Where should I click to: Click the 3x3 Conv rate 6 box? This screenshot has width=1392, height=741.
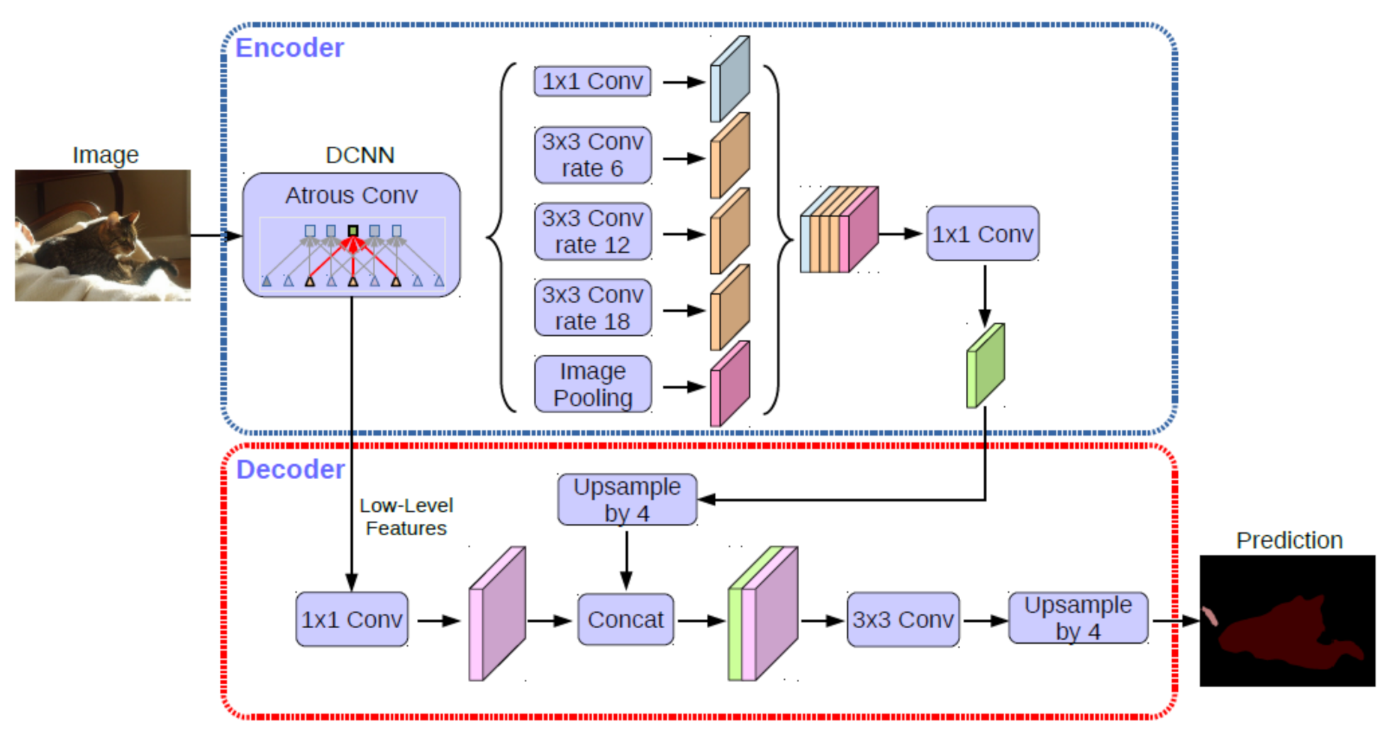coord(592,155)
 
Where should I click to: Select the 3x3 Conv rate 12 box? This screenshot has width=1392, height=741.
coord(592,231)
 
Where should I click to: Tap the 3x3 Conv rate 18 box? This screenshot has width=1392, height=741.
coord(592,308)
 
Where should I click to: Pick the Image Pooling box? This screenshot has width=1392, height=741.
coord(592,384)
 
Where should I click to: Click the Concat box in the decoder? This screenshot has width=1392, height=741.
coord(625,620)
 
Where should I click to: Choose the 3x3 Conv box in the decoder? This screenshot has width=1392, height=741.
coord(902,620)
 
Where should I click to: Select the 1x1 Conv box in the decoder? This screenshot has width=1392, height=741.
coord(352,620)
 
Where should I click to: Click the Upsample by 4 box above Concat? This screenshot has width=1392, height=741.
coord(627,500)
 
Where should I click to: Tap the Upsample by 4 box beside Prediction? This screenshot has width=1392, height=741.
coord(1077,618)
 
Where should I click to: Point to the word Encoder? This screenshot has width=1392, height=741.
coord(289,48)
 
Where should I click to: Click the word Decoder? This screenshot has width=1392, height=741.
coord(290,470)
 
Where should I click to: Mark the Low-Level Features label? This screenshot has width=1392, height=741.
coord(406,517)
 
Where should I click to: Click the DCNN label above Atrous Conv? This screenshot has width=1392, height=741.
coord(360,155)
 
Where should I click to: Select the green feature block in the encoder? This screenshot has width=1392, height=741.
coord(986,366)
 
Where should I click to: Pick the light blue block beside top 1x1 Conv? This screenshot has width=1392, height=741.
coord(730,79)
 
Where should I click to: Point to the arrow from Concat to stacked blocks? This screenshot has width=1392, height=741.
coord(701,621)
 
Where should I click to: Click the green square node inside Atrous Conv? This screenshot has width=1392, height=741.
coord(353,231)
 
